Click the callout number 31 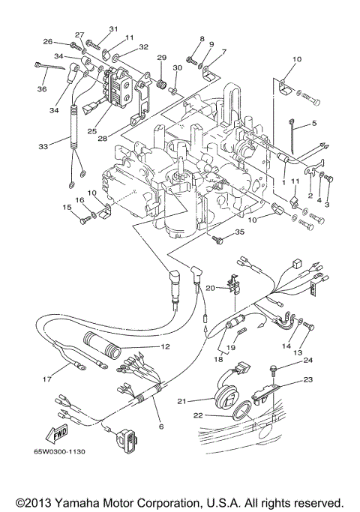[x=113, y=29]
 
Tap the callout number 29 [x=161, y=58]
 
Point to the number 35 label [x=239, y=233]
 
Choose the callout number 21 [x=181, y=401]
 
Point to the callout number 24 [x=307, y=361]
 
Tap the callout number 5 [x=314, y=123]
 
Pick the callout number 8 [x=201, y=38]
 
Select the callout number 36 [x=39, y=90]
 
